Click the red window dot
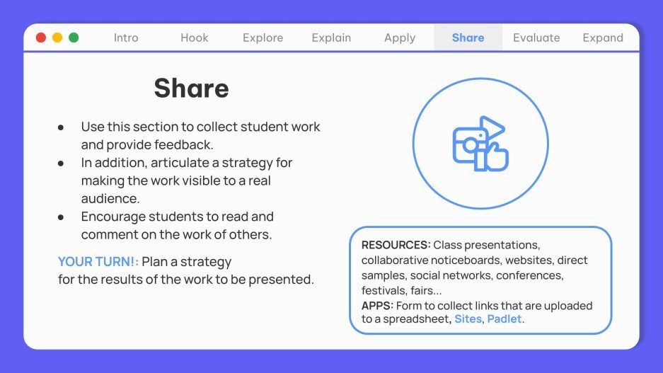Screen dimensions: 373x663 point(41,38)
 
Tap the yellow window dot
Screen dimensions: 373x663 point(57,38)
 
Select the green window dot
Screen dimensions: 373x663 point(74,38)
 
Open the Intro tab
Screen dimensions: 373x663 point(126,38)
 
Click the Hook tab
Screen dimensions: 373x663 point(195,38)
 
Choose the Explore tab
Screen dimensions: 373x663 point(263,38)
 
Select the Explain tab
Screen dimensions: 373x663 point(332,38)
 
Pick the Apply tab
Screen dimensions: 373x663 point(400,38)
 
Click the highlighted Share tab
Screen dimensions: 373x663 point(468,38)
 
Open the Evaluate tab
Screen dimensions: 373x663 point(536,38)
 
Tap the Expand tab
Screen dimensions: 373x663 point(603,38)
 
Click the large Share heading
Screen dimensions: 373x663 point(191,88)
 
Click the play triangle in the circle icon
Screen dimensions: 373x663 point(490,128)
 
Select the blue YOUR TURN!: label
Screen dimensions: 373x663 point(98,262)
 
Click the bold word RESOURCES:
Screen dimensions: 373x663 point(396,245)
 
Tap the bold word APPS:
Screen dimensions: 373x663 point(377,306)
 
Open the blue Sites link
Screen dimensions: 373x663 point(467,319)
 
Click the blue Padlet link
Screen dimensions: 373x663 point(505,319)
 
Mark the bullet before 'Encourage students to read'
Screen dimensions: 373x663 point(61,217)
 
